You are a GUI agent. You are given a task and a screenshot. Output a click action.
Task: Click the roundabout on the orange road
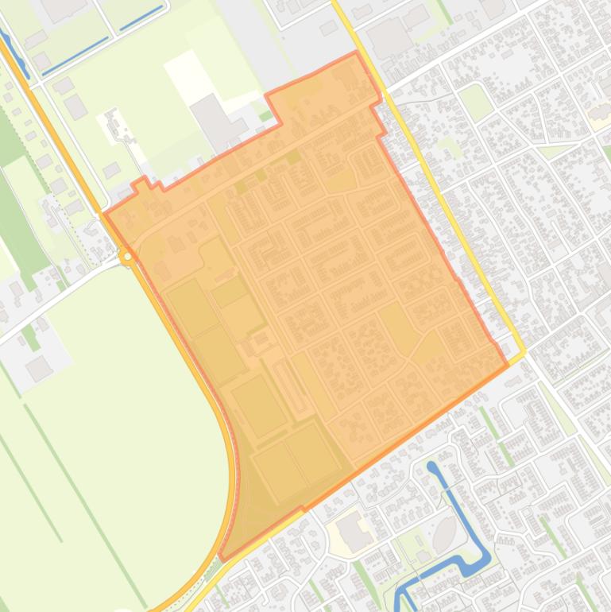127,256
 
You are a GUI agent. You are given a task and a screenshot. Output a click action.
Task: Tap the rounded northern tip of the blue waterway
431,467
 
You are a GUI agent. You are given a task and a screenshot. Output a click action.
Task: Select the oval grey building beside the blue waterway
445,530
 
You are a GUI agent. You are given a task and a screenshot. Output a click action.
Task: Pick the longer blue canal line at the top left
75,55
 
